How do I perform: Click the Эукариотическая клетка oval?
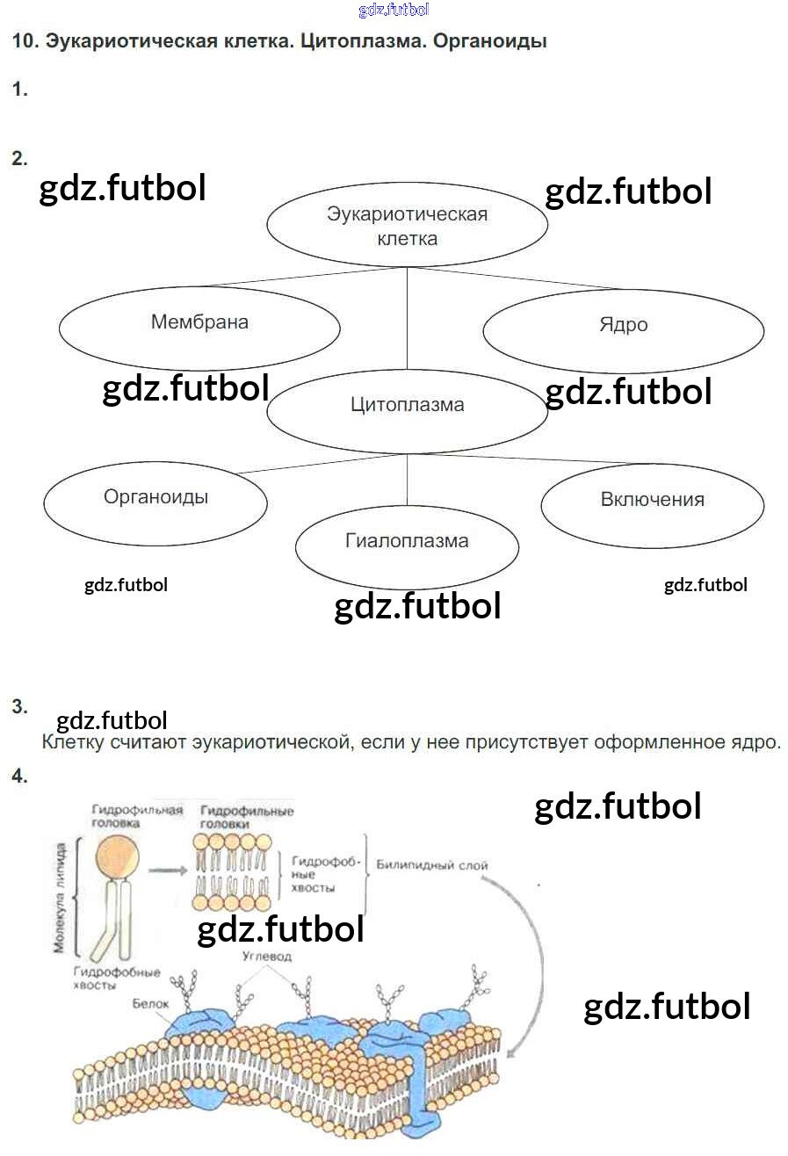[x=407, y=225]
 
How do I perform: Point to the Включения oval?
[x=652, y=501]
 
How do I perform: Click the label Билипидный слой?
[x=432, y=865]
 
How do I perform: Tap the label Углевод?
[x=266, y=956]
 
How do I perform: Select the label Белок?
[x=148, y=1002]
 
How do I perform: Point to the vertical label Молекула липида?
[x=60, y=900]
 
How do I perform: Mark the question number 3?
[x=20, y=706]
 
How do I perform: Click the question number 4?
[x=20, y=777]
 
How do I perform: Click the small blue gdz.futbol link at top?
[x=394, y=11]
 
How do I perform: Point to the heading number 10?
[x=24, y=41]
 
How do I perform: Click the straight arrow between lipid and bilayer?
[x=170, y=871]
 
